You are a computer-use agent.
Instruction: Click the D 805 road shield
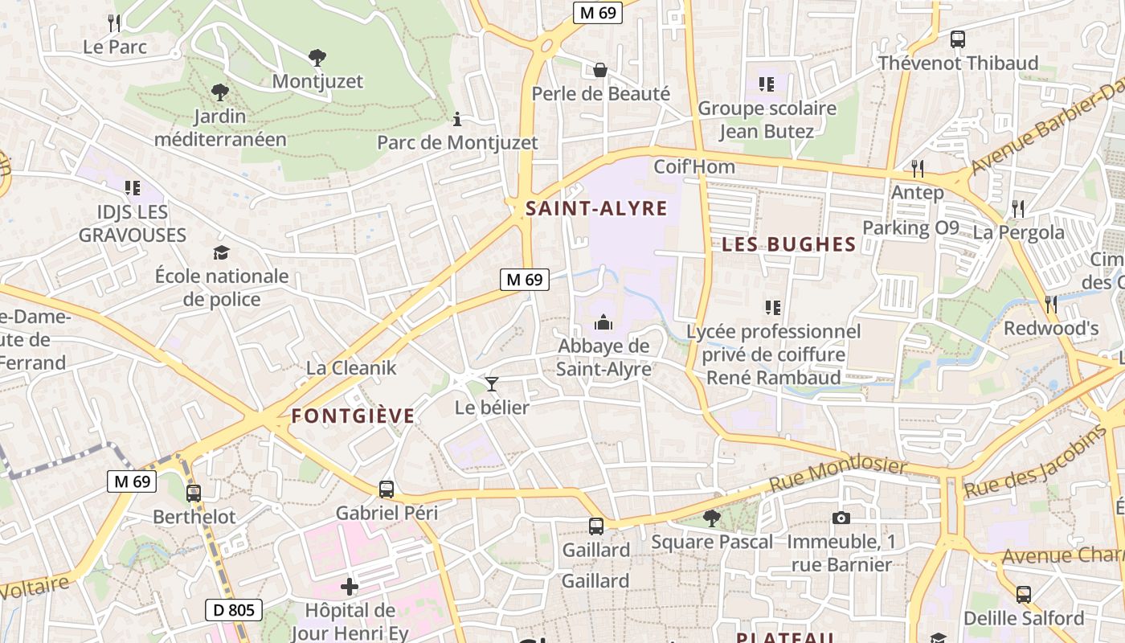click(x=234, y=610)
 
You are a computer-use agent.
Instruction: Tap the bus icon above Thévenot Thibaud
click(x=957, y=39)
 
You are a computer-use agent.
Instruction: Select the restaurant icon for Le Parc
click(x=114, y=23)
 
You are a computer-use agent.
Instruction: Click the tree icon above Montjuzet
click(x=317, y=58)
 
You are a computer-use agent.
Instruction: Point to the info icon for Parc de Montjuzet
click(x=457, y=120)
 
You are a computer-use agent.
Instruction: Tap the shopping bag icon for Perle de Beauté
click(x=600, y=70)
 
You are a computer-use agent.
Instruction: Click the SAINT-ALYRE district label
click(x=596, y=209)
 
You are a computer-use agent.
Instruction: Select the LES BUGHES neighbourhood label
click(x=788, y=244)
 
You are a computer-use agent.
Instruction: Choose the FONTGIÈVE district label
click(x=353, y=416)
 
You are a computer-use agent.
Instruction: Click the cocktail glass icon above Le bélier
click(x=492, y=384)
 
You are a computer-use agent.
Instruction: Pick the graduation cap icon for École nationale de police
click(x=221, y=253)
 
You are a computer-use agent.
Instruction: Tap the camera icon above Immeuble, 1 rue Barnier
click(x=841, y=518)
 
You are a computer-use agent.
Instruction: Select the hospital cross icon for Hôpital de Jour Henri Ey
click(x=350, y=587)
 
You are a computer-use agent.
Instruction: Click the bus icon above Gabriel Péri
click(x=387, y=489)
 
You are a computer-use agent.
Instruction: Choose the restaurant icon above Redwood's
click(x=1050, y=304)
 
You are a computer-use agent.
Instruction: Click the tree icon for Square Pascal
click(x=711, y=518)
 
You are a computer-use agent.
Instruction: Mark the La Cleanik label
click(x=351, y=368)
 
